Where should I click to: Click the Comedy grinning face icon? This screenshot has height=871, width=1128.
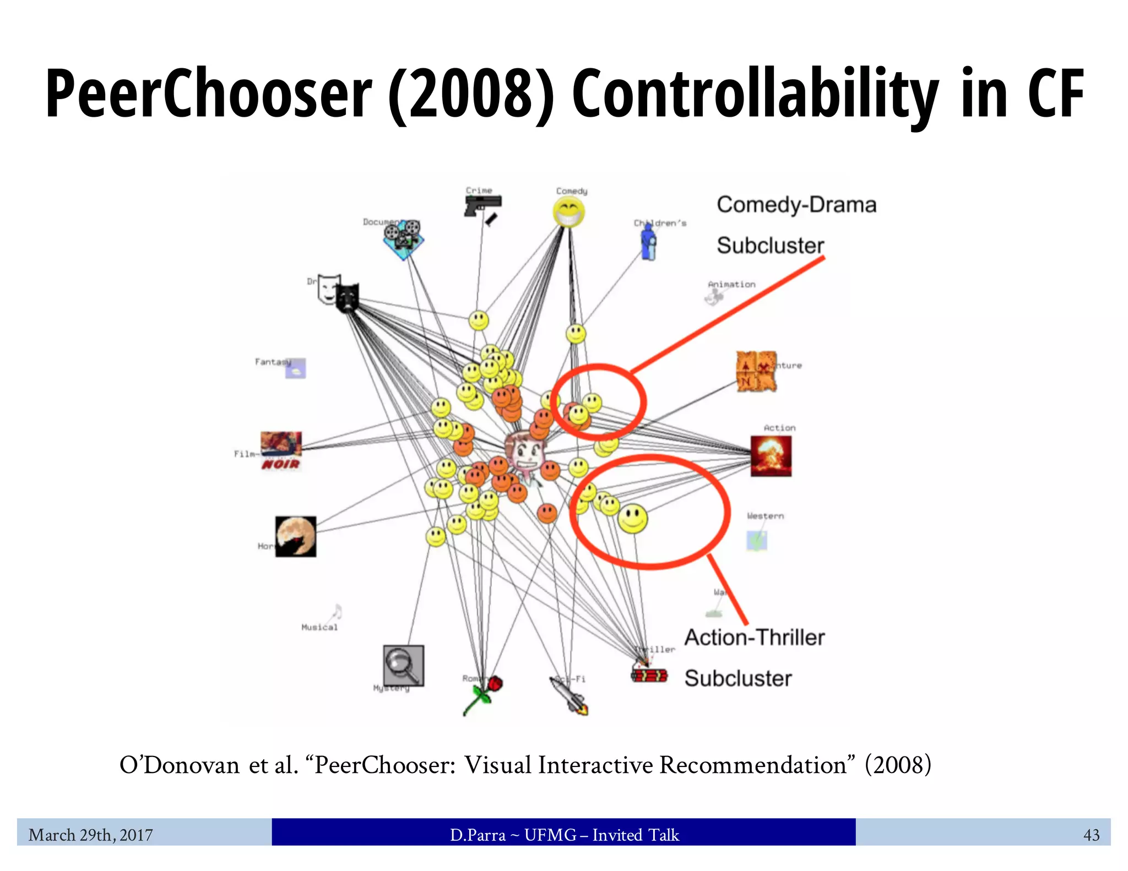(569, 213)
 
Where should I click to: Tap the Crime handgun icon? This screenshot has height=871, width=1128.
(482, 206)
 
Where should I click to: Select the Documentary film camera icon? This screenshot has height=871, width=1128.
(403, 239)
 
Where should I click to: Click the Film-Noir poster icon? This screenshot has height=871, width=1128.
(281, 450)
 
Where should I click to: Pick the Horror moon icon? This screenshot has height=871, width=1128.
(296, 536)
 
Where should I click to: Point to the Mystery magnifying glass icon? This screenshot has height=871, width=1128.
(403, 665)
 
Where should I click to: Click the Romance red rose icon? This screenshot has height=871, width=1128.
(484, 695)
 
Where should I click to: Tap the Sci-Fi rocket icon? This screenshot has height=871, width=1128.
(570, 695)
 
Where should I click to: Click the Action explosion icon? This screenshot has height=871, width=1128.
(771, 456)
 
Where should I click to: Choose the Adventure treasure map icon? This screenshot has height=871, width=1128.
(756, 372)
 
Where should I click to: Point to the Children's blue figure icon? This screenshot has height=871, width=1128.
(649, 242)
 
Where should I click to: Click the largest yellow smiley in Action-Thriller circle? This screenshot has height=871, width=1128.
(633, 518)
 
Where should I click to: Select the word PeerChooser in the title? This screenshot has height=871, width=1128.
(209, 94)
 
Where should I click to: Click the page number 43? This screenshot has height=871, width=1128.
(1091, 835)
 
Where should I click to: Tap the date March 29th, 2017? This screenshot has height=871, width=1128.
(91, 835)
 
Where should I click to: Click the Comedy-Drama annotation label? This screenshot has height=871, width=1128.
(795, 225)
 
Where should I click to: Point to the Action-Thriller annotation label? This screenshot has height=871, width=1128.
(754, 657)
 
